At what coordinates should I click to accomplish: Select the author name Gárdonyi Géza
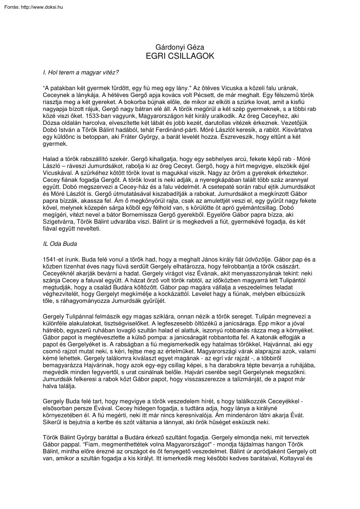click(180, 47)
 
